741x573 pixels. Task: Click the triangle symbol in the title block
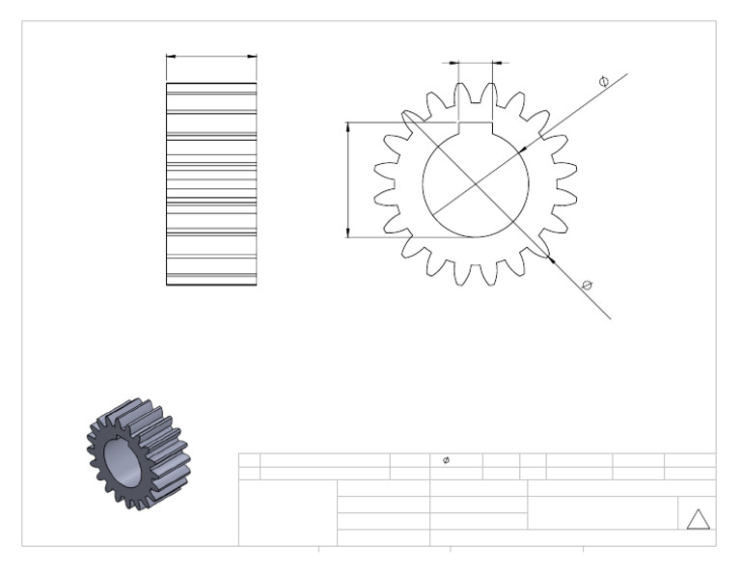click(x=698, y=519)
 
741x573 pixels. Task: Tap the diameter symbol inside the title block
click(x=445, y=460)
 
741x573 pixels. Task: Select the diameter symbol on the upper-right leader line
click(x=604, y=83)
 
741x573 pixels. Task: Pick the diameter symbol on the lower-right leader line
click(x=587, y=284)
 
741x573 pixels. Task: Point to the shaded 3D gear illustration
click(x=134, y=453)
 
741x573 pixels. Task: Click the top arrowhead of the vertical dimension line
click(x=347, y=126)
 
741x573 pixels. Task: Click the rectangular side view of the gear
click(x=211, y=183)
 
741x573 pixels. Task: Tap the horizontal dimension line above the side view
click(x=211, y=56)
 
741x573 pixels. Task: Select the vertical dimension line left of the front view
click(x=347, y=179)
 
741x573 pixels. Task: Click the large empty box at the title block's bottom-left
click(x=288, y=512)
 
